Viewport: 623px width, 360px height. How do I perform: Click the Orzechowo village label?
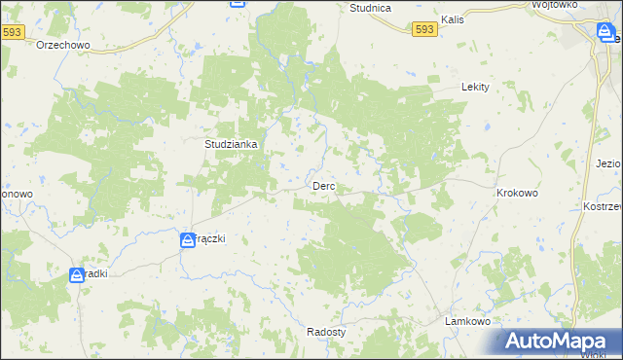63,46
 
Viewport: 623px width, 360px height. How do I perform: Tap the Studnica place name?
370,8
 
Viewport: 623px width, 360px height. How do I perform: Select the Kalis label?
452,18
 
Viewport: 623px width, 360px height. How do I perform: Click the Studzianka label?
231,144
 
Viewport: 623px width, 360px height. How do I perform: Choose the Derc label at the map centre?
324,186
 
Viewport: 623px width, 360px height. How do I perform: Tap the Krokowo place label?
517,193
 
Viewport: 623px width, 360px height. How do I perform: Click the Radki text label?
95,273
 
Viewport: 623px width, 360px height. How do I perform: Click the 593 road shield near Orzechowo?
13,32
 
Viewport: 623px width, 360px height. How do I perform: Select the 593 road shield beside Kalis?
424,30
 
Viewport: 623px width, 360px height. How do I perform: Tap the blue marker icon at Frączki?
187,239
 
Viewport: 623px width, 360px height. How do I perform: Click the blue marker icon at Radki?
77,275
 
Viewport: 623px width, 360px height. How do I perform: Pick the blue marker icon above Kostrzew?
604,33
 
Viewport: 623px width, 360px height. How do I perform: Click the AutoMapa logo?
559,341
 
